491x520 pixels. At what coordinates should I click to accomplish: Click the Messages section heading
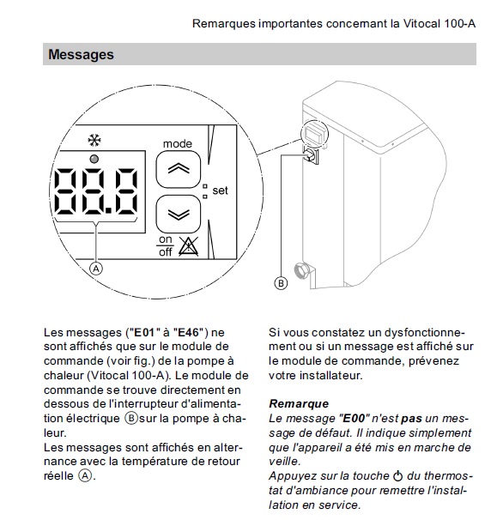point(81,55)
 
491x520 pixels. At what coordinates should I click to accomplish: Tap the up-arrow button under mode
point(179,169)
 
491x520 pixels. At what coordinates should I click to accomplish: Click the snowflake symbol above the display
point(94,141)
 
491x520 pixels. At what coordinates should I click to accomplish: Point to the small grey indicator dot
point(94,160)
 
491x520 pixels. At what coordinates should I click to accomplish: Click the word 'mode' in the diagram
point(178,143)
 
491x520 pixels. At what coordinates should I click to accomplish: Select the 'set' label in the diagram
point(220,190)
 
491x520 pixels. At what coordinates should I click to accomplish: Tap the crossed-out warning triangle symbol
point(189,246)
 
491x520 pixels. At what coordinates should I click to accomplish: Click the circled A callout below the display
point(96,269)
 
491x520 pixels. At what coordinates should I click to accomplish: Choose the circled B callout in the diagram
point(281,283)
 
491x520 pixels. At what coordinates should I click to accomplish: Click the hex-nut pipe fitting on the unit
point(302,271)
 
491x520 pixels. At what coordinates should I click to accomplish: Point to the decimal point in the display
point(108,210)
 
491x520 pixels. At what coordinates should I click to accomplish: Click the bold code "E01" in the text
point(143,332)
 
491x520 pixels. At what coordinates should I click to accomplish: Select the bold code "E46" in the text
point(189,332)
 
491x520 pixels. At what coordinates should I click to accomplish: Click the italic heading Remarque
point(299,404)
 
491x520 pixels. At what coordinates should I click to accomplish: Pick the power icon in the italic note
point(397,476)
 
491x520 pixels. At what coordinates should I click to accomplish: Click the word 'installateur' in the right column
point(330,375)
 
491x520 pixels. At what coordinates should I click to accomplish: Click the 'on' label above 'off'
point(165,239)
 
